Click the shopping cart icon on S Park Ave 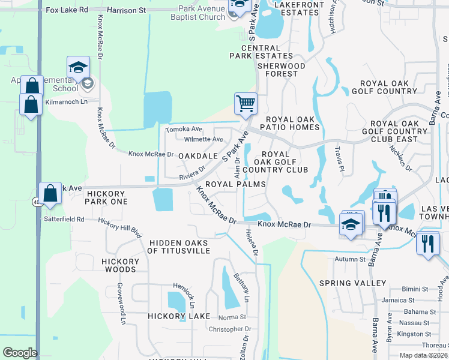(x=246, y=103)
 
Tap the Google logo (x=19, y=353)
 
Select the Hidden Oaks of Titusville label (x=179, y=247)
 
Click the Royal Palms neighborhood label (x=235, y=184)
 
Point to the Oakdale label (x=197, y=156)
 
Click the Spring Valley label (x=353, y=283)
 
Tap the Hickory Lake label (x=179, y=316)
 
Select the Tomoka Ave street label (x=184, y=129)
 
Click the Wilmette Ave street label (x=203, y=139)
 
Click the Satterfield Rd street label (x=64, y=220)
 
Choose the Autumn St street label (x=350, y=259)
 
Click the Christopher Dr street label (x=230, y=329)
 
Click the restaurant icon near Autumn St (x=427, y=244)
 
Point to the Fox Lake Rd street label (x=66, y=10)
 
